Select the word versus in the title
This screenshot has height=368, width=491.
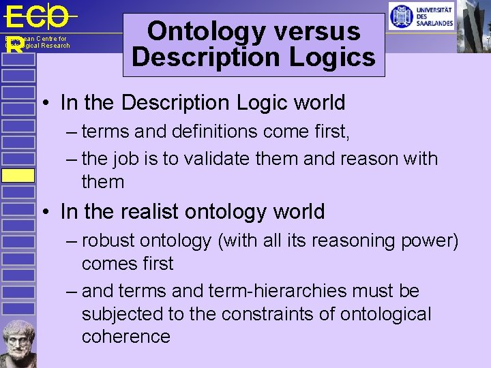pos(321,31)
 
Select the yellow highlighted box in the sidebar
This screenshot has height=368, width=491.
pos(18,175)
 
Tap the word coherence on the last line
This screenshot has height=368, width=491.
pos(126,337)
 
